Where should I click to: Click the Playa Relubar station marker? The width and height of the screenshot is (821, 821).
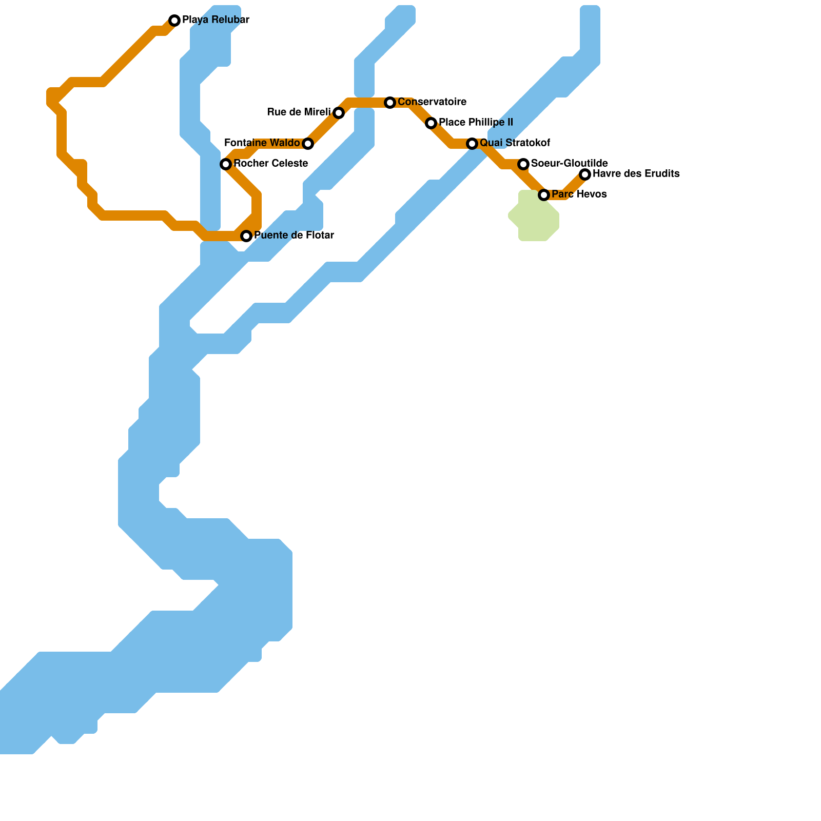tap(174, 21)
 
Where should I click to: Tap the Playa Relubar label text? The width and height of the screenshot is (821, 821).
tap(216, 21)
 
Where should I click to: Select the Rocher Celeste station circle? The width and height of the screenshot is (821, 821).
tap(226, 164)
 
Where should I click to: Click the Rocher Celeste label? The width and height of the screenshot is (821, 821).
tap(270, 164)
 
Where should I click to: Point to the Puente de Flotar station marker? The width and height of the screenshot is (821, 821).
tap(246, 236)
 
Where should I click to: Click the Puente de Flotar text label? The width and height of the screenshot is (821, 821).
tap(294, 236)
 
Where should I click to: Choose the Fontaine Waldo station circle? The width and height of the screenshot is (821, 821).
tap(308, 144)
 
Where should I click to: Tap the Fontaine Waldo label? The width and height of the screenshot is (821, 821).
tap(262, 143)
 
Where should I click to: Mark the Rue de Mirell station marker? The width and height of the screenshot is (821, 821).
tap(339, 113)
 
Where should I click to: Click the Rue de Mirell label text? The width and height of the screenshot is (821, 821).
tap(299, 112)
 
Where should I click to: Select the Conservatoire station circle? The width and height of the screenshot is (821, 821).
tap(390, 103)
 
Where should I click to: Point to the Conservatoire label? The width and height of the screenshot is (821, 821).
tap(432, 102)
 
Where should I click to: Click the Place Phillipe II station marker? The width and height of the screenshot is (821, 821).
tap(431, 123)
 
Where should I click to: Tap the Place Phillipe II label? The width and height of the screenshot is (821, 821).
tap(476, 123)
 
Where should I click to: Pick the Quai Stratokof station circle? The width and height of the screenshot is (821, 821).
tap(472, 144)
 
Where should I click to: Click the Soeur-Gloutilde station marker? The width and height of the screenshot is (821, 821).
tap(523, 164)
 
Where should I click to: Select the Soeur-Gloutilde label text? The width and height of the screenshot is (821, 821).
tap(570, 164)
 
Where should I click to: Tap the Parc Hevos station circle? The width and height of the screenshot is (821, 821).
tap(544, 195)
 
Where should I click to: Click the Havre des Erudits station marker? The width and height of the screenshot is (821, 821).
tap(585, 174)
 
